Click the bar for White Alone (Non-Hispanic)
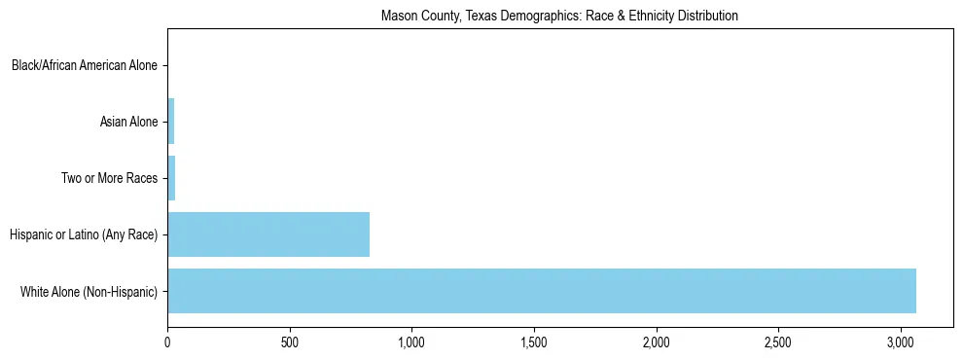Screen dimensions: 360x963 (542, 291)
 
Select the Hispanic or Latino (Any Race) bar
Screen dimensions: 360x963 (268, 234)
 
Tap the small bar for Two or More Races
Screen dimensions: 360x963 (171, 178)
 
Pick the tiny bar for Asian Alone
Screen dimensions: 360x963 (171, 122)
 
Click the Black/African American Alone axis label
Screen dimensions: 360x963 (85, 66)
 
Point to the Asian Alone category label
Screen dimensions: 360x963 (128, 122)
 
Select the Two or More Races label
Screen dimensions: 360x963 (109, 178)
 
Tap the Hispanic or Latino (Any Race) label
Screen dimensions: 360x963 (84, 234)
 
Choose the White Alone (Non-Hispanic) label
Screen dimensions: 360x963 (89, 291)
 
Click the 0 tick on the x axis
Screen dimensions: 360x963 (167, 342)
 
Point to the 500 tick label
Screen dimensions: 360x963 (290, 342)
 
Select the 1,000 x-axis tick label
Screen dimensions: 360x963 (411, 342)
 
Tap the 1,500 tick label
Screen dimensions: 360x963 (534, 342)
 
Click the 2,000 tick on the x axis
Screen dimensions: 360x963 (657, 342)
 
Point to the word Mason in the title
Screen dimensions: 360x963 (397, 17)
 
